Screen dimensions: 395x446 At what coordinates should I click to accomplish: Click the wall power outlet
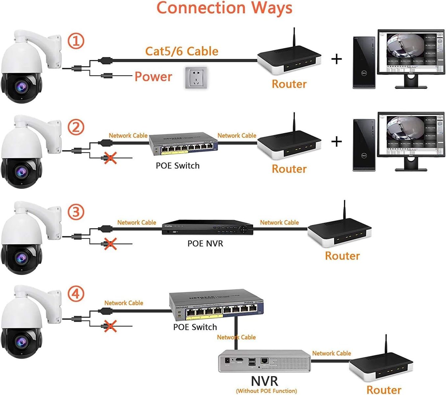[196, 78]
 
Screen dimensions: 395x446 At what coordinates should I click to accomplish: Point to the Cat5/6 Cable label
[182, 51]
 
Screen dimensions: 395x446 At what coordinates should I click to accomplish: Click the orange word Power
[153, 77]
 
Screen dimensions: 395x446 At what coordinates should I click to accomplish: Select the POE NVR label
[205, 244]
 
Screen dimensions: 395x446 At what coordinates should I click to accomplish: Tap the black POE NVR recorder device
[207, 227]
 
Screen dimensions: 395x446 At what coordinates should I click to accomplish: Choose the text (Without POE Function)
[266, 391]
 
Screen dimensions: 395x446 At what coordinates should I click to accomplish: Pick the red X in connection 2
[110, 158]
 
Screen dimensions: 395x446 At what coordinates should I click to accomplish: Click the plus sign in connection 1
[336, 59]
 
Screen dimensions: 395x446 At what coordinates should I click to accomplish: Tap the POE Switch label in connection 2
[178, 166]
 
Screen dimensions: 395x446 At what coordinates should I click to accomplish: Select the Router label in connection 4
[383, 390]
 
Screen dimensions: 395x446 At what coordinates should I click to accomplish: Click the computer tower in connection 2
[364, 145]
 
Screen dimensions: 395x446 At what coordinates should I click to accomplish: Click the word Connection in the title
[201, 8]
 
